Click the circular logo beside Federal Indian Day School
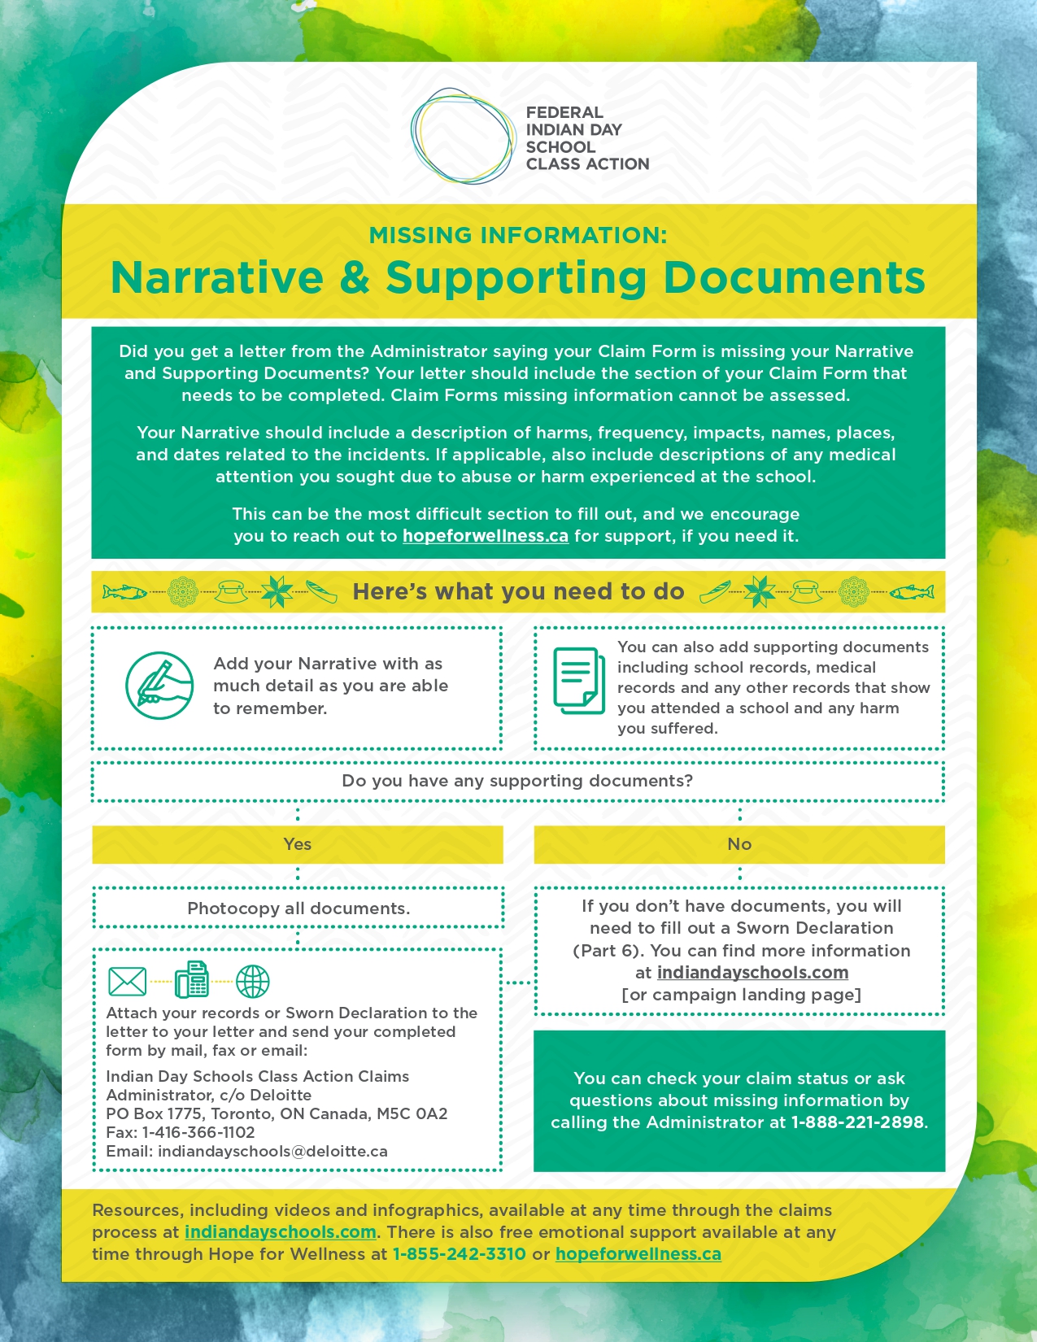(463, 136)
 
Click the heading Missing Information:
(518, 235)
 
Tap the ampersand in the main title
(355, 277)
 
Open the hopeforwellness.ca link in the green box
(485, 536)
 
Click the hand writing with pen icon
(159, 685)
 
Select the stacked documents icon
(579, 680)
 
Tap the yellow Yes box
(298, 844)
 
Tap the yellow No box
(739, 844)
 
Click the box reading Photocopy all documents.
(298, 908)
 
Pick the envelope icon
(128, 982)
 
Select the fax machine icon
(192, 980)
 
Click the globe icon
(252, 982)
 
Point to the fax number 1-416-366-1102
(198, 1132)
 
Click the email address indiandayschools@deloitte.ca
(272, 1151)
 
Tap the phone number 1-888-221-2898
(857, 1122)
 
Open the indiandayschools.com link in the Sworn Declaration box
(752, 973)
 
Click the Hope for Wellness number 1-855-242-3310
(459, 1254)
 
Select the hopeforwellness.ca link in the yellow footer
(638, 1254)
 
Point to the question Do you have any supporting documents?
(517, 781)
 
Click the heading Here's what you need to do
(518, 591)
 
